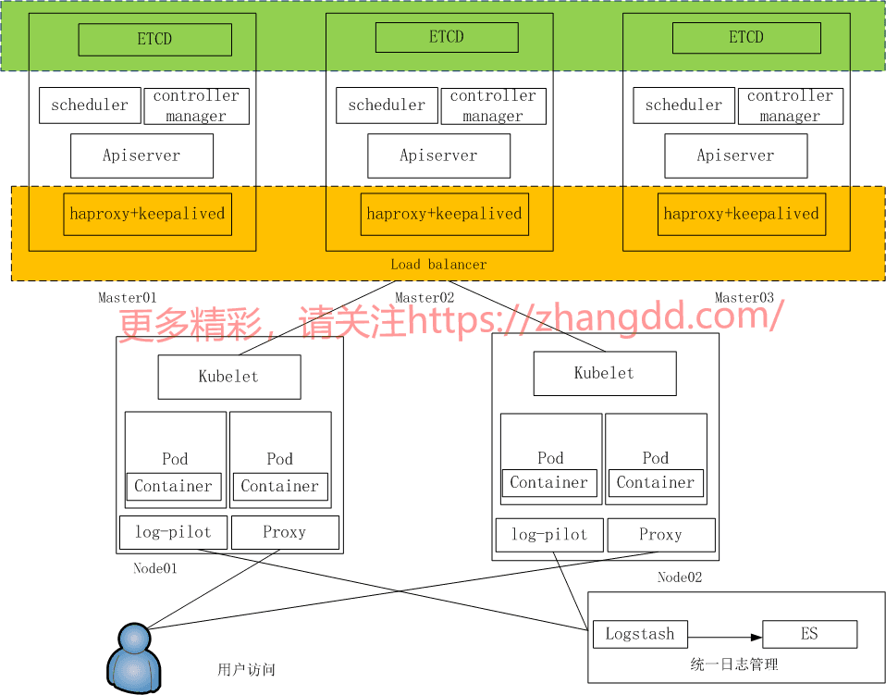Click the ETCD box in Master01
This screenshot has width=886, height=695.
tap(154, 40)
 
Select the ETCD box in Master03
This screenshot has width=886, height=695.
tap(745, 38)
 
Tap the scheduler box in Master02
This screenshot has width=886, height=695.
tap(387, 105)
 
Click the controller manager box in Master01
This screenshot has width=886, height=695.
tap(196, 106)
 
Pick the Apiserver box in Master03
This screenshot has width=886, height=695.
tap(735, 155)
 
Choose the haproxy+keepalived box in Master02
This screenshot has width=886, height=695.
tap(444, 214)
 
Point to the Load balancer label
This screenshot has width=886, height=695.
tap(437, 265)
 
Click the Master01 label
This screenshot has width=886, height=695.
tap(128, 297)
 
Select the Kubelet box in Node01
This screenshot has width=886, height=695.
tap(228, 377)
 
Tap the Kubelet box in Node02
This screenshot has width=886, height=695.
tap(604, 373)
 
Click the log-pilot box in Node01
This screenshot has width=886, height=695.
tap(173, 532)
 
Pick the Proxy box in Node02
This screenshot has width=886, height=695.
tap(660, 535)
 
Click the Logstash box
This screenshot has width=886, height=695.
tap(639, 634)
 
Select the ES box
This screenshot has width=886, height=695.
tap(809, 634)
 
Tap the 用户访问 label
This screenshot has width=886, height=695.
tap(246, 669)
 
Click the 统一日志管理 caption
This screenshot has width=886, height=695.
tap(734, 664)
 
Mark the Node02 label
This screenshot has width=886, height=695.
tap(680, 577)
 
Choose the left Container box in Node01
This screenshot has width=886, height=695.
tap(173, 487)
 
